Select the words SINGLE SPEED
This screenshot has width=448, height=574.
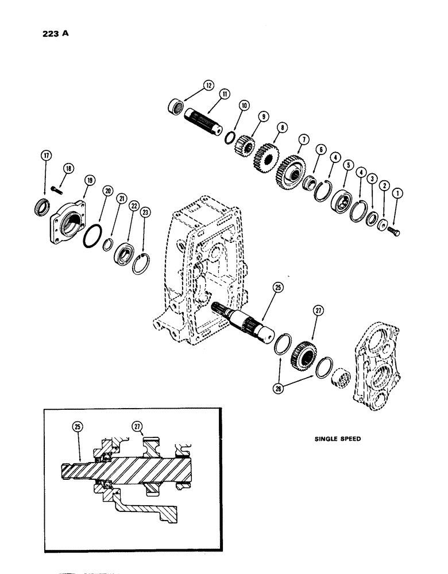coord(338,439)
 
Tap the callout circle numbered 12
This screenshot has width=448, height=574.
coord(207,86)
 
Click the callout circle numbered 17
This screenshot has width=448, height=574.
coord(45,156)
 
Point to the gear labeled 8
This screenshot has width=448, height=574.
coord(265,156)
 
